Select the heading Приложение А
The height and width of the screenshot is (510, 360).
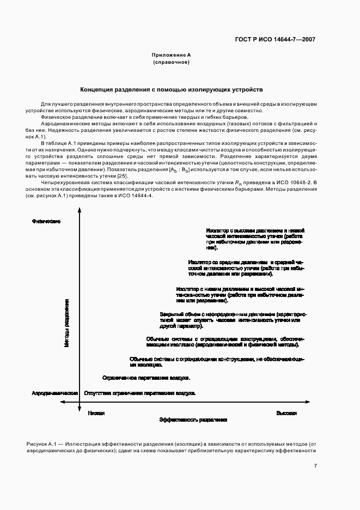pos(171,56)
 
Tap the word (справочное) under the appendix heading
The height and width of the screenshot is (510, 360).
pos(171,63)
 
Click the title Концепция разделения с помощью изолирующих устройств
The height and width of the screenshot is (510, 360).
pos(171,88)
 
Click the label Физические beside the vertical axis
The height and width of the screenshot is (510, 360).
pos(46,221)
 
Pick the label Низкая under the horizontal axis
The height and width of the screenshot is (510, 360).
pos(96,413)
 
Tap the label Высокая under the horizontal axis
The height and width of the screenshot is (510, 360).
pos(286,413)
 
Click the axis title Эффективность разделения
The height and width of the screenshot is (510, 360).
pos(193,421)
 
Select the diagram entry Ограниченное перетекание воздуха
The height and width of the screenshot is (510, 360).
pos(146,377)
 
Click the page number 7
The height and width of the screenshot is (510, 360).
pos(315,466)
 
